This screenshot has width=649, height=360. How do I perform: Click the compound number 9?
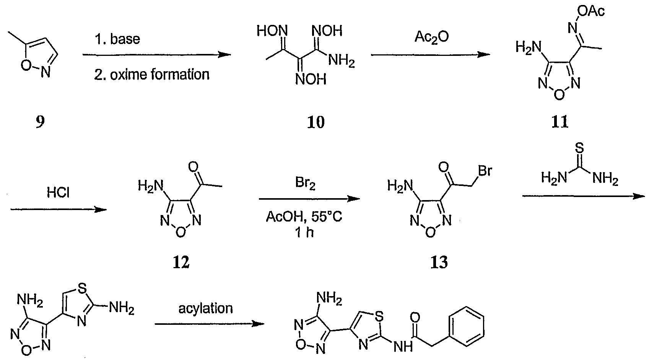click(40, 122)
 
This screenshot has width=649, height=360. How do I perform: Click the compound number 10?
click(316, 122)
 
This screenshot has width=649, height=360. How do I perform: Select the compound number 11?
click(559, 122)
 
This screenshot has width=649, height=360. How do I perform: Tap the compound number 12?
click(181, 262)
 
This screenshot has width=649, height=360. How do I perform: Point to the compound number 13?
click(439, 262)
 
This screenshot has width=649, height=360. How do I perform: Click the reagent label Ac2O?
click(431, 37)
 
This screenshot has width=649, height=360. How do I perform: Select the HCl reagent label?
click(58, 192)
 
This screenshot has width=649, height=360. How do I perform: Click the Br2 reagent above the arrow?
click(305, 184)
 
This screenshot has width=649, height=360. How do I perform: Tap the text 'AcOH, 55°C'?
click(304, 217)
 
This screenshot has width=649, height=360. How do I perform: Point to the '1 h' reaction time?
click(304, 233)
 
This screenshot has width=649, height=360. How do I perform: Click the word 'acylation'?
click(205, 308)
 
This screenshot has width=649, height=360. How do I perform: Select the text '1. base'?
click(117, 39)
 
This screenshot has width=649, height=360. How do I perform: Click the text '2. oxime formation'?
click(151, 75)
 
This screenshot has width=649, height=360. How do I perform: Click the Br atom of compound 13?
click(485, 171)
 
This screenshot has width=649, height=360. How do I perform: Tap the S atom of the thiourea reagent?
click(579, 148)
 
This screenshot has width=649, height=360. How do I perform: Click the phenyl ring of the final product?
click(466, 326)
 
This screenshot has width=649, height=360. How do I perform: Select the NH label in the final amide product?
click(403, 346)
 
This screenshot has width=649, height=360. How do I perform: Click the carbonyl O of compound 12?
click(193, 167)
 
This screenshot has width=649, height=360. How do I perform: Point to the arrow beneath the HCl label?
click(59, 209)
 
